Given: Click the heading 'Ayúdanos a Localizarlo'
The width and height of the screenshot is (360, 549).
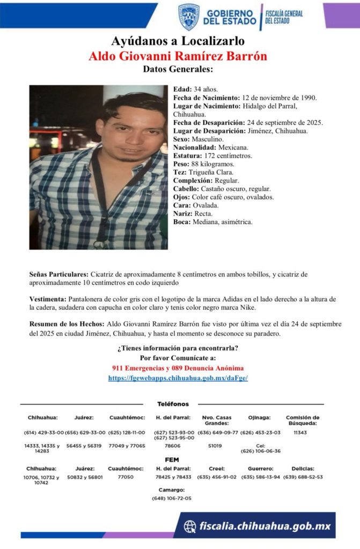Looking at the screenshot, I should click(x=178, y=41).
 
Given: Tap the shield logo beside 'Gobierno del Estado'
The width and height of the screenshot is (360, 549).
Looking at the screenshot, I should click(x=189, y=17).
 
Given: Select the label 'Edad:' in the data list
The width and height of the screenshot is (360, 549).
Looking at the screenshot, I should click(x=183, y=89).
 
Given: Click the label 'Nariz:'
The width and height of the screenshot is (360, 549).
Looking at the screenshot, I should click(x=183, y=213).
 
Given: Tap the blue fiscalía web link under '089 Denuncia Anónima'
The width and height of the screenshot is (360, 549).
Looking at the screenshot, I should click(x=178, y=377).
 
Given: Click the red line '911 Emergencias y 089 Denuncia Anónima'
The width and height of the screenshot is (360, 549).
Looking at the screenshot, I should click(x=178, y=368).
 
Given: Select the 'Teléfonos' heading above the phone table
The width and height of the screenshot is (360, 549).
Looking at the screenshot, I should click(x=173, y=404).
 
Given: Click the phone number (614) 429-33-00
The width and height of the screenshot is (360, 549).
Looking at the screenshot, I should click(x=43, y=432).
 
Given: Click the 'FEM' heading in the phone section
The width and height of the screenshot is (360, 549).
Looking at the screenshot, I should click(x=172, y=459).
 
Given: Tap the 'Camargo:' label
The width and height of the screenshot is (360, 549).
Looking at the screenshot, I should click(x=172, y=489).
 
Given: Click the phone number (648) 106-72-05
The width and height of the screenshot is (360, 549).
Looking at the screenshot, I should click(x=172, y=498).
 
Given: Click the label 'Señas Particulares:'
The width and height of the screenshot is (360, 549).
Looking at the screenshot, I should click(x=59, y=274).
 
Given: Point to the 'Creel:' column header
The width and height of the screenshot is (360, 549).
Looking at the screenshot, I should click(x=217, y=468).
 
